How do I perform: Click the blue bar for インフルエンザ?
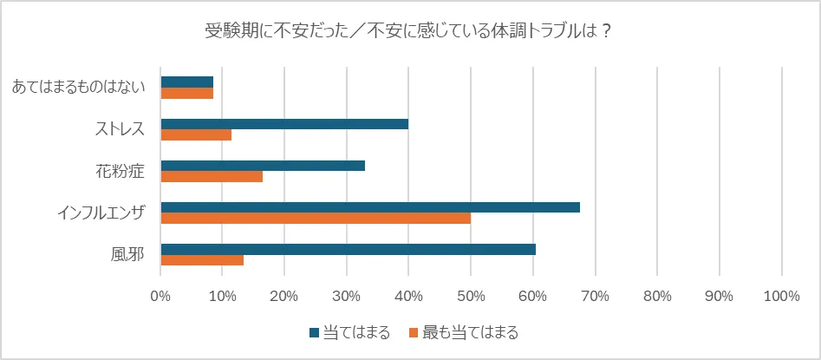370,207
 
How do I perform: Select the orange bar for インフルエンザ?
316,219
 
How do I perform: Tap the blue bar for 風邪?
348,249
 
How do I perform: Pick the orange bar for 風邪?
202,260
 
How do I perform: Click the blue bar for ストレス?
284,124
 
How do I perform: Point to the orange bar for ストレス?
196,135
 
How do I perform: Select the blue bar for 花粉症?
263,166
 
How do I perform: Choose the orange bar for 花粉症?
212,177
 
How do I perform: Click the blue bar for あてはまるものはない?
186,82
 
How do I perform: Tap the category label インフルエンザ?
102,213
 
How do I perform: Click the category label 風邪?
127,254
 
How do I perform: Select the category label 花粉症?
120,171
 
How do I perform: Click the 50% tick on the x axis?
470,297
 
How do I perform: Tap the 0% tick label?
160,297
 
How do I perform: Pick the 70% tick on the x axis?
595,297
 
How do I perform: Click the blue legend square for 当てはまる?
314,332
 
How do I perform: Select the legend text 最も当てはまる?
470,332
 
